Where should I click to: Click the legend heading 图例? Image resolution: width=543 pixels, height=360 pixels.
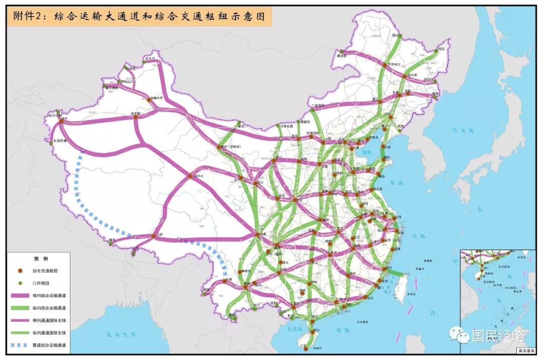click(x=41, y=259)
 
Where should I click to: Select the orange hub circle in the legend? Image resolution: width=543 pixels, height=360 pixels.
click(x=21, y=271)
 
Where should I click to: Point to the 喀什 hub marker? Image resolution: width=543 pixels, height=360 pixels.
click(x=61, y=121)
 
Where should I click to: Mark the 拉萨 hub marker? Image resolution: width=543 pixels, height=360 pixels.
click(x=154, y=236)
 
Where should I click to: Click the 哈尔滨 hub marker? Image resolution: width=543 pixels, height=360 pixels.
click(x=405, y=76)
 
